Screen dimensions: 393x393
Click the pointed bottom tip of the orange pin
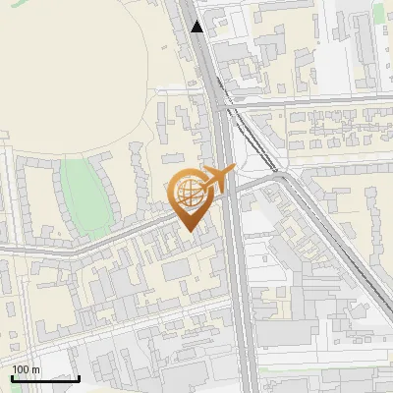[x=191, y=230]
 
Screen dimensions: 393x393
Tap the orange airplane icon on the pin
[x=217, y=179]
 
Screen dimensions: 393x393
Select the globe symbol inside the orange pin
[x=190, y=194]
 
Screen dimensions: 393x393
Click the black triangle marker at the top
[x=198, y=27]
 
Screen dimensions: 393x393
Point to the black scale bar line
[x=45, y=378]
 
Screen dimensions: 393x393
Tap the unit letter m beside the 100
[x=35, y=369]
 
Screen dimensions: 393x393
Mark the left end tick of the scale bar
[x=12, y=377]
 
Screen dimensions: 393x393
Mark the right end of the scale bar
[x=79, y=377]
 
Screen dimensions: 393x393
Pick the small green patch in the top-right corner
[x=379, y=12]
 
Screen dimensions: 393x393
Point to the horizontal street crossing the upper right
[x=314, y=100]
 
